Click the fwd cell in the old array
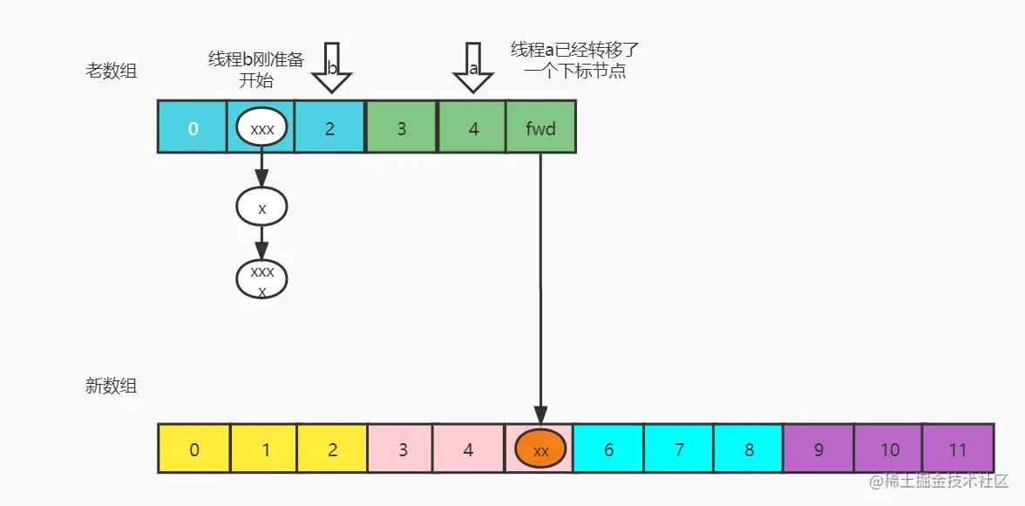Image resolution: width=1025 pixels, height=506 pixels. [x=540, y=127]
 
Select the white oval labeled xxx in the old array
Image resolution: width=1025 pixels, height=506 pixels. [x=261, y=128]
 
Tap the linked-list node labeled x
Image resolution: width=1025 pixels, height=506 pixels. [x=261, y=208]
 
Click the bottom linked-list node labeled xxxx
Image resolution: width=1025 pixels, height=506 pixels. [x=261, y=280]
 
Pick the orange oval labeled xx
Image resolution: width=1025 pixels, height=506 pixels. [x=540, y=449]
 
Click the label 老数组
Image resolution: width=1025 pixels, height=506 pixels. [x=111, y=72]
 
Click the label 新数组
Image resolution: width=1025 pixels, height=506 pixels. [x=111, y=386]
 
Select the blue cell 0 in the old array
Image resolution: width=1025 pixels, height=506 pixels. [x=193, y=127]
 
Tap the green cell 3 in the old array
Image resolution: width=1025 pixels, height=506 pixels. [x=401, y=127]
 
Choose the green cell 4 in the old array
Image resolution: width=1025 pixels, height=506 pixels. [x=472, y=127]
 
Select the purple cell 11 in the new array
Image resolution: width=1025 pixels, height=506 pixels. [x=958, y=449]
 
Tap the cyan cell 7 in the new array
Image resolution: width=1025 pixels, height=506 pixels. [x=678, y=449]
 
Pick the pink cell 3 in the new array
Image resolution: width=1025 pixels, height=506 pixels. [x=401, y=449]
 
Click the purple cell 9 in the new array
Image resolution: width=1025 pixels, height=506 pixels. [x=818, y=449]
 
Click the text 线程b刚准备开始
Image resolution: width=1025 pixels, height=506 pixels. [x=255, y=71]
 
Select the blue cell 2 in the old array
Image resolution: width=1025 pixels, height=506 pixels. [x=329, y=127]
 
